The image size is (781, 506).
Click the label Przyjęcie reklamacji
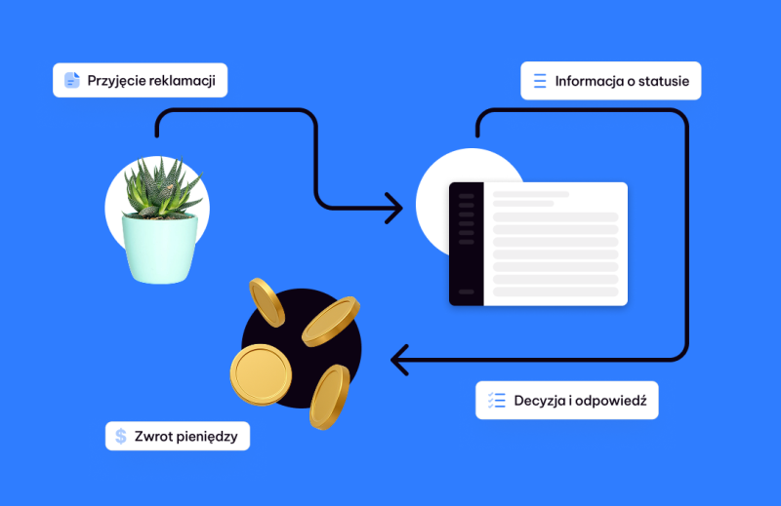140,80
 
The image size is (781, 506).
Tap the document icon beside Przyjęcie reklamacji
71,80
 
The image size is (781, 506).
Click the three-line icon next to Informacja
540,81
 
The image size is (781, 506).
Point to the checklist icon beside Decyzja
496,400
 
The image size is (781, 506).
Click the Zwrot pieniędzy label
177,435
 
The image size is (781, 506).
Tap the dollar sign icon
121,435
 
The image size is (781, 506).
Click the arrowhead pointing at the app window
394,207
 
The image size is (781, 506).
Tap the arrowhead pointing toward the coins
398,360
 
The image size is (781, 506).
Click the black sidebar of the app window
467,244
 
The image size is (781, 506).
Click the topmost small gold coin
265,300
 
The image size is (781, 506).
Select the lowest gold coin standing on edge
330,396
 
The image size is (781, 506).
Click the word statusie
661,81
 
